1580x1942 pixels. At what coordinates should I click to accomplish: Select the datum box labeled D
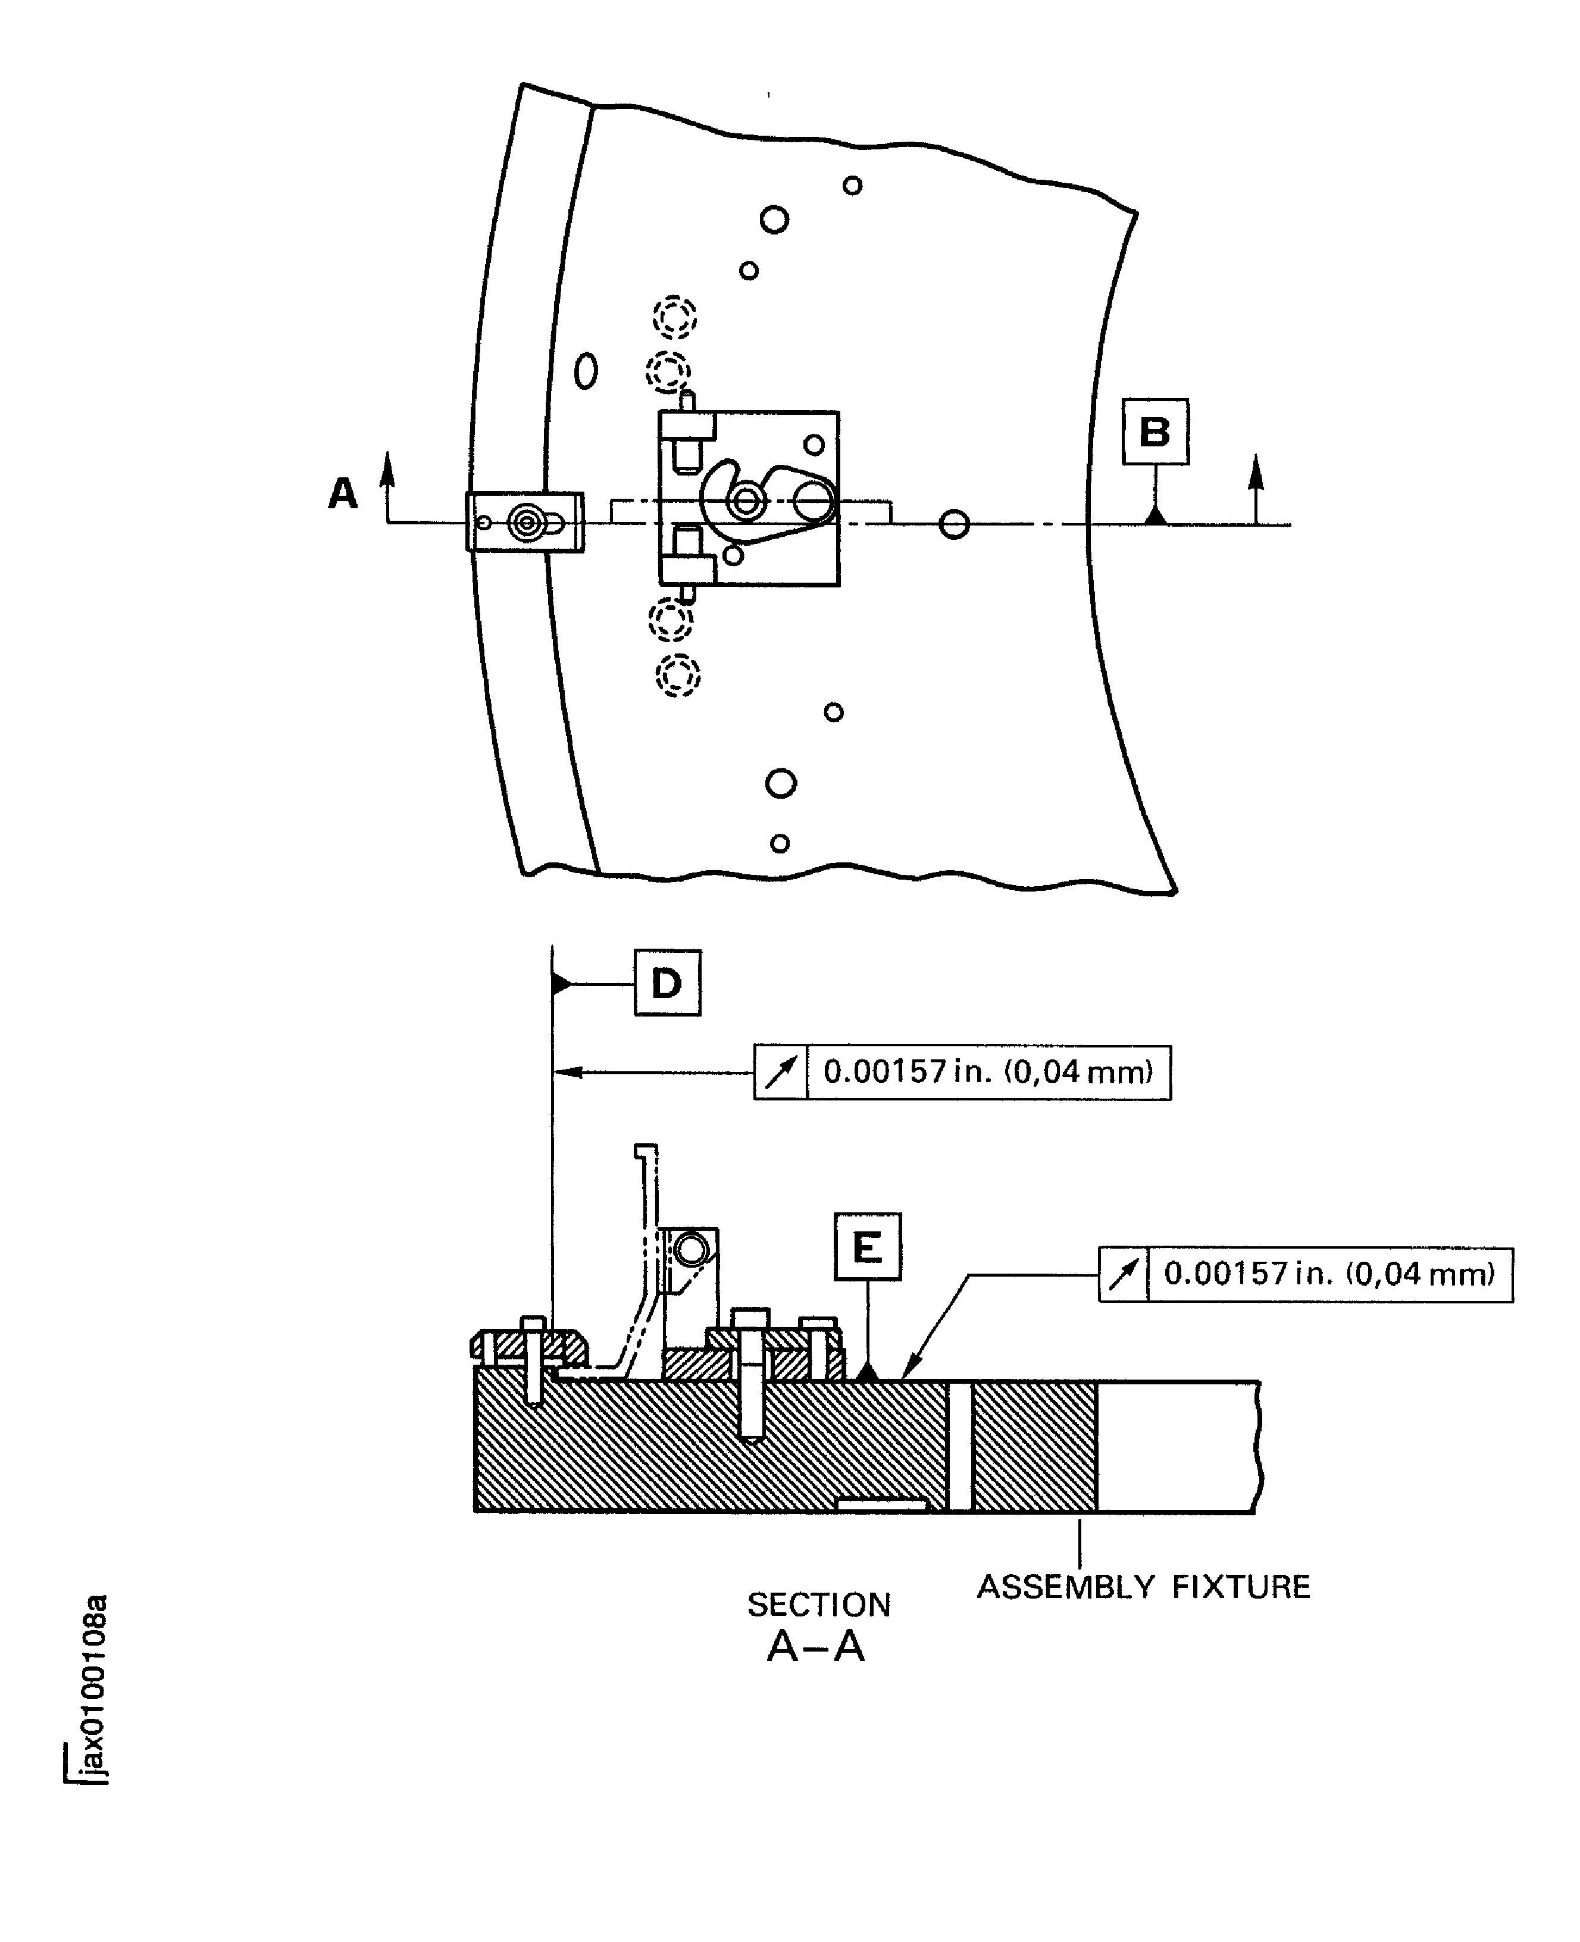click(x=667, y=983)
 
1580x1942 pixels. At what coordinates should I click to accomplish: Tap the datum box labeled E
click(x=867, y=1247)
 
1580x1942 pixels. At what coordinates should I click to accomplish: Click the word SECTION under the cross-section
click(x=818, y=1605)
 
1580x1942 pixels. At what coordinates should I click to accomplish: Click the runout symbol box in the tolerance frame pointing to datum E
click(x=1123, y=1274)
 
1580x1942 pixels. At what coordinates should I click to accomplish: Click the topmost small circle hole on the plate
click(x=852, y=186)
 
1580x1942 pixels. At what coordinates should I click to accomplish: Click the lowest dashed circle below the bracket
click(x=678, y=676)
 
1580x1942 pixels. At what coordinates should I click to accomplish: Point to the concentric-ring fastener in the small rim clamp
click(x=525, y=523)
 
